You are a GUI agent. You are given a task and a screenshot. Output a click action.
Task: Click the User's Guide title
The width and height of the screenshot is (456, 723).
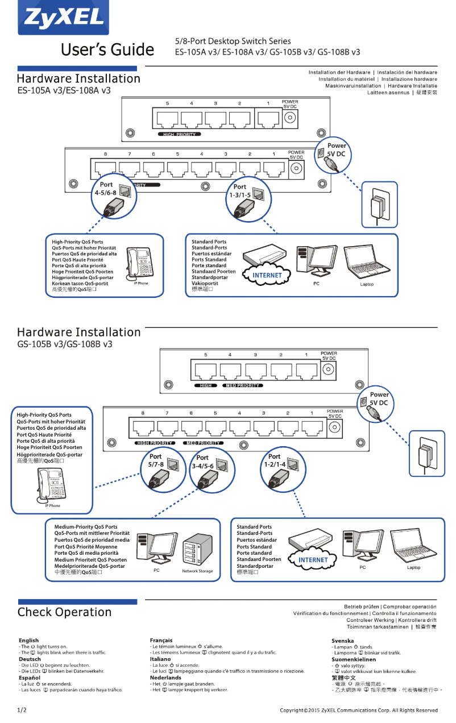(x=107, y=50)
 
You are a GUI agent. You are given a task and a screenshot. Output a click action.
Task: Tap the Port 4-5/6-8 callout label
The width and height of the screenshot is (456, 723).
(x=106, y=189)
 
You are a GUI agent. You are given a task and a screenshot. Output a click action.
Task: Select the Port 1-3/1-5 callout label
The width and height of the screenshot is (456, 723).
(x=240, y=190)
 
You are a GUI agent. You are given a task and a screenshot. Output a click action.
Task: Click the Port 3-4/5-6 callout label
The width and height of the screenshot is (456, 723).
(x=203, y=462)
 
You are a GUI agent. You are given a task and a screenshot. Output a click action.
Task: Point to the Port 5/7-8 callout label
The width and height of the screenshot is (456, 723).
(x=155, y=460)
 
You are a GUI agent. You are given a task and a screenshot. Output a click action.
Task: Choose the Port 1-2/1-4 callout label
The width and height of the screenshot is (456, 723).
(x=275, y=460)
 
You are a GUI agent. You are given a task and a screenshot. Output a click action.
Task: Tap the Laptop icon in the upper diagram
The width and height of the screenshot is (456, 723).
(x=366, y=263)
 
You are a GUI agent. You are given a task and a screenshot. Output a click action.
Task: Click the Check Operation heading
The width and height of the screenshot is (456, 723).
(x=64, y=612)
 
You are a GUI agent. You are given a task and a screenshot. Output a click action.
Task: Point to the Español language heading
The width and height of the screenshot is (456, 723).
(x=30, y=678)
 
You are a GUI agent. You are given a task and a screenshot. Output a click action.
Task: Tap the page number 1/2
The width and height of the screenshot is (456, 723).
(x=22, y=710)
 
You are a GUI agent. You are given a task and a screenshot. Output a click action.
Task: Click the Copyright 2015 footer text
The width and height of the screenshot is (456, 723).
(x=359, y=710)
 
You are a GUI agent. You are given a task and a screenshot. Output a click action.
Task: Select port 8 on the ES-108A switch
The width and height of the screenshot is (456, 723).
(x=105, y=168)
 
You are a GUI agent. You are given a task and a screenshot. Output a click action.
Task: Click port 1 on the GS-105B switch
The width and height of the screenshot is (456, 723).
(x=306, y=371)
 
